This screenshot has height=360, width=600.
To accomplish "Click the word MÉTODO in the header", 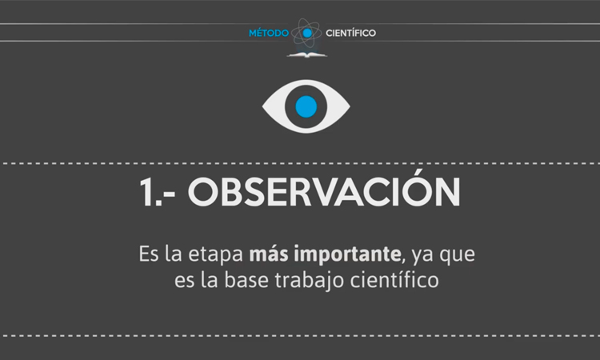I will pyautogui.click(x=269, y=33).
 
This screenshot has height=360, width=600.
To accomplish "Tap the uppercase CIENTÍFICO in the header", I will pyautogui.click(x=350, y=33).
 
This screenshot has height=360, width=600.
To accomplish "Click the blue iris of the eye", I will pyautogui.click(x=306, y=106).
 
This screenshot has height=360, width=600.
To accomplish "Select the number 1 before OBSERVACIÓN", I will pyautogui.click(x=147, y=194).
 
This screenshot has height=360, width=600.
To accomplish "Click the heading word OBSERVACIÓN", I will pyautogui.click(x=325, y=194).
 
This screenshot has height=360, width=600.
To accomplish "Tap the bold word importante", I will pyautogui.click(x=349, y=257).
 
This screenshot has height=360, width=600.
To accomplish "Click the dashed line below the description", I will pyautogui.click(x=300, y=335).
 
